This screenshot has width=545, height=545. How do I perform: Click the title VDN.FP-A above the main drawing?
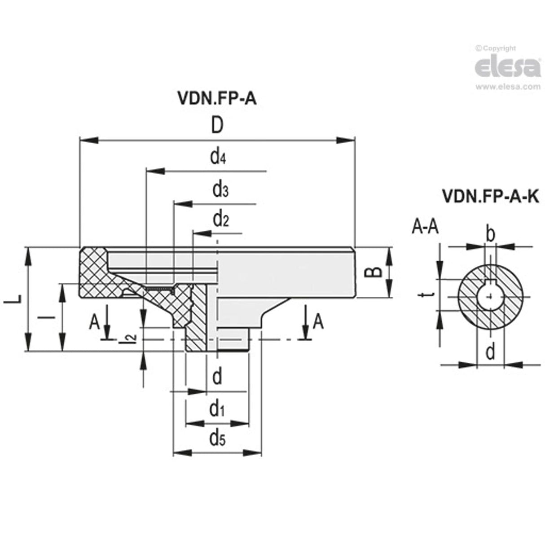point(217,98)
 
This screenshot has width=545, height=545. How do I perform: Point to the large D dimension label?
point(217,126)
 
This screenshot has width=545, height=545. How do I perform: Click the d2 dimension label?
point(221,220)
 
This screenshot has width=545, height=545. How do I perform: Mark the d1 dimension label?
point(217,409)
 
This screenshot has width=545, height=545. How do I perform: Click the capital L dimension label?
point(12,299)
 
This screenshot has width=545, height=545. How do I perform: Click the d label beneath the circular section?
point(490,352)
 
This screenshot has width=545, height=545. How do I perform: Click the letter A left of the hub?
point(94,322)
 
